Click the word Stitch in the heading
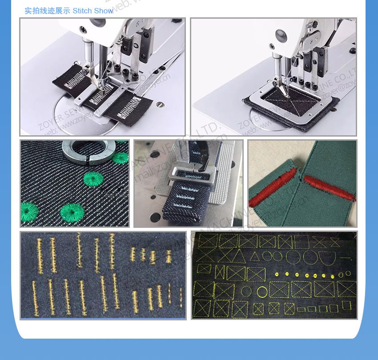tap(82, 11)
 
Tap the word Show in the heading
tap(104, 11)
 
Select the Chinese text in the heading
tap(47, 11)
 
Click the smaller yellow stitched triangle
tap(254, 256)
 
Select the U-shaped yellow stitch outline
tap(327, 257)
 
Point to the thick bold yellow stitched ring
tap(262, 291)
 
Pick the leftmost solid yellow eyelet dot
tap(277, 274)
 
